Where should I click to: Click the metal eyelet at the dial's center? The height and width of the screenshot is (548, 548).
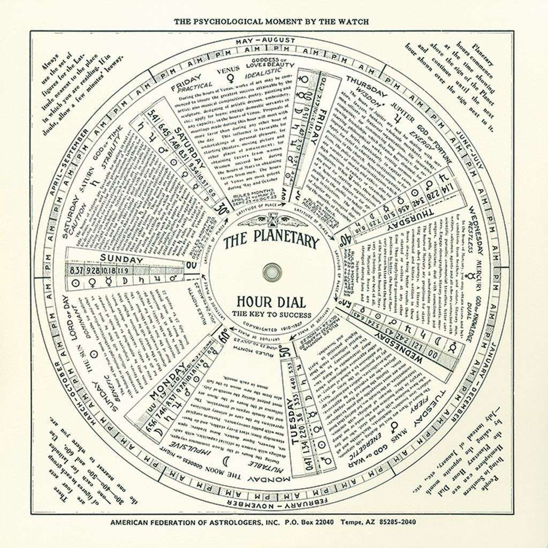tap(271, 271)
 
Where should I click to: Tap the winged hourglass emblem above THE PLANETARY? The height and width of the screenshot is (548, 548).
tap(270, 220)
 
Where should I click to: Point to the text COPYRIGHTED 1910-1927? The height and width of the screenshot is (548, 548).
tap(271, 325)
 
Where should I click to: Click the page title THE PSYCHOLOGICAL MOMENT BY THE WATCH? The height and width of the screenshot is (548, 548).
tap(271, 21)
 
